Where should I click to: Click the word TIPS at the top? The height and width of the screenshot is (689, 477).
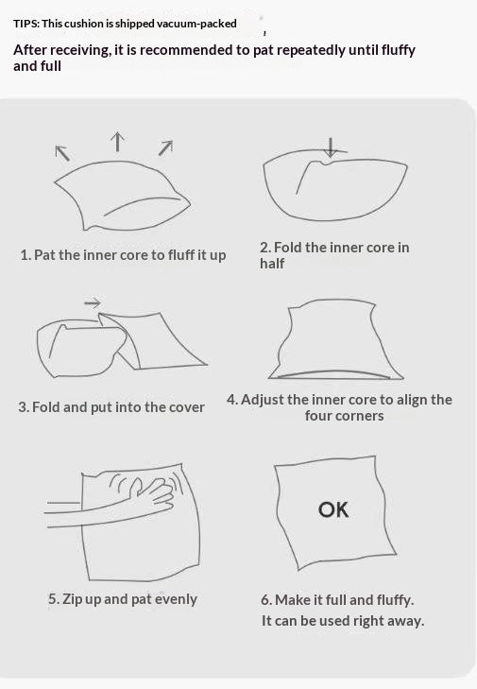coord(26,24)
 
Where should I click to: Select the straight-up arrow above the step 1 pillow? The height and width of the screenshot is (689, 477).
coord(117,142)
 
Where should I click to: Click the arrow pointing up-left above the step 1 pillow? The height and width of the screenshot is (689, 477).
coord(62,153)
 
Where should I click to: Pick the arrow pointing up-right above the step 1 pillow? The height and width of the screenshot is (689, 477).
coord(165,147)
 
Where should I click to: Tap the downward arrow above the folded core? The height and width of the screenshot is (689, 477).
coord(331,147)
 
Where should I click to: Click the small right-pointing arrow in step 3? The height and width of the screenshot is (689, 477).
coord(93,302)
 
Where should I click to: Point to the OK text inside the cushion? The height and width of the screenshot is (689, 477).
coord(333,509)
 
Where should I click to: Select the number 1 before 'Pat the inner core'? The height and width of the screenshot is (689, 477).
coord(25,255)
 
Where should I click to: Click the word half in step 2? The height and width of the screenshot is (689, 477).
coord(272,263)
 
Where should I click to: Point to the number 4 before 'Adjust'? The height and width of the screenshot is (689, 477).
coord(231,400)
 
